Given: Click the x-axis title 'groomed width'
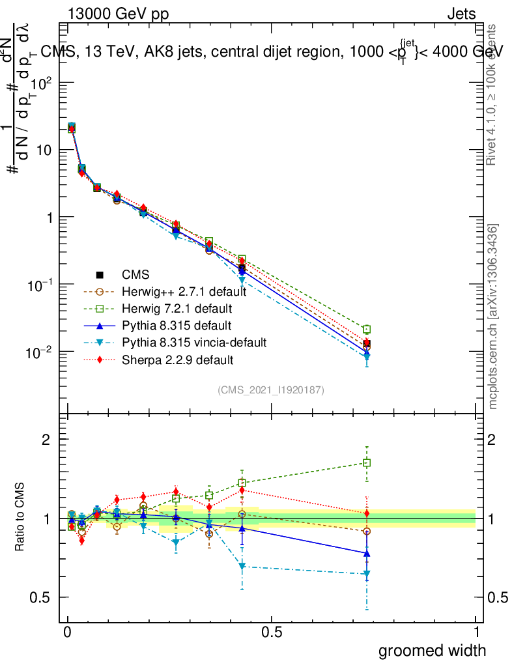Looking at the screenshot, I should (432, 649).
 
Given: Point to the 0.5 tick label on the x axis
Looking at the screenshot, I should (272, 632).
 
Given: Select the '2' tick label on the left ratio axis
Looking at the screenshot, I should (46, 439).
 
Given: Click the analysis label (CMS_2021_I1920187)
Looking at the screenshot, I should (271, 390).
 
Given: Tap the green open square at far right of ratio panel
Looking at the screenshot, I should (367, 463).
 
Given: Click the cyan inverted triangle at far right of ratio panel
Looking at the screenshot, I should (367, 574).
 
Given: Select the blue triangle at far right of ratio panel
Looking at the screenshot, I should (367, 553).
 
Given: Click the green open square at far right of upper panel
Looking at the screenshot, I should (367, 330).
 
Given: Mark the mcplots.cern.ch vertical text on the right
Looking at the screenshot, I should (493, 316).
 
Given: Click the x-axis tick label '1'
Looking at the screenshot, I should (476, 632).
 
